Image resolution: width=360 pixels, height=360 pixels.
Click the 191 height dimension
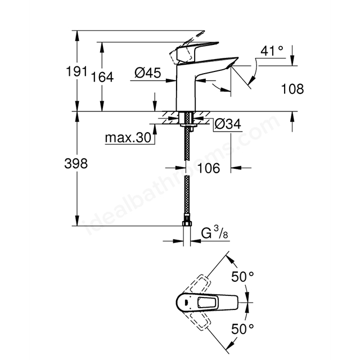click(76, 71)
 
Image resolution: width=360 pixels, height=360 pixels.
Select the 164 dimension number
click(102, 77)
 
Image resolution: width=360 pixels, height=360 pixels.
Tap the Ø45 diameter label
click(147, 73)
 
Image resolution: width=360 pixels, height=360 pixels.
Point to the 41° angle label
click(272, 51)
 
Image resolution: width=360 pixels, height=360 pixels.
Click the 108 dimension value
click(292, 89)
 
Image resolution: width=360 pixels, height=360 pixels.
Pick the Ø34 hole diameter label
click(228, 124)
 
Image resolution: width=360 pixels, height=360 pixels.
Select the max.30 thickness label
click(128, 138)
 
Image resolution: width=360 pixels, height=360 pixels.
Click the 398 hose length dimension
click(76, 164)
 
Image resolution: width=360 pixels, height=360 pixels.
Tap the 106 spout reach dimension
click(209, 168)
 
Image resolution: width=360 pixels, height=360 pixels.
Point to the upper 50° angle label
click(242, 277)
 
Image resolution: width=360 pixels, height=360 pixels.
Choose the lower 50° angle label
click(242, 328)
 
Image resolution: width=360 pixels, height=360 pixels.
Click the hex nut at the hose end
click(187, 224)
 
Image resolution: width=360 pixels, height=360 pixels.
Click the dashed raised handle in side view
click(186, 47)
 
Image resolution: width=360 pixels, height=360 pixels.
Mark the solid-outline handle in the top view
click(207, 303)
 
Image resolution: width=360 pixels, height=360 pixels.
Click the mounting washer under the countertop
click(189, 125)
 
